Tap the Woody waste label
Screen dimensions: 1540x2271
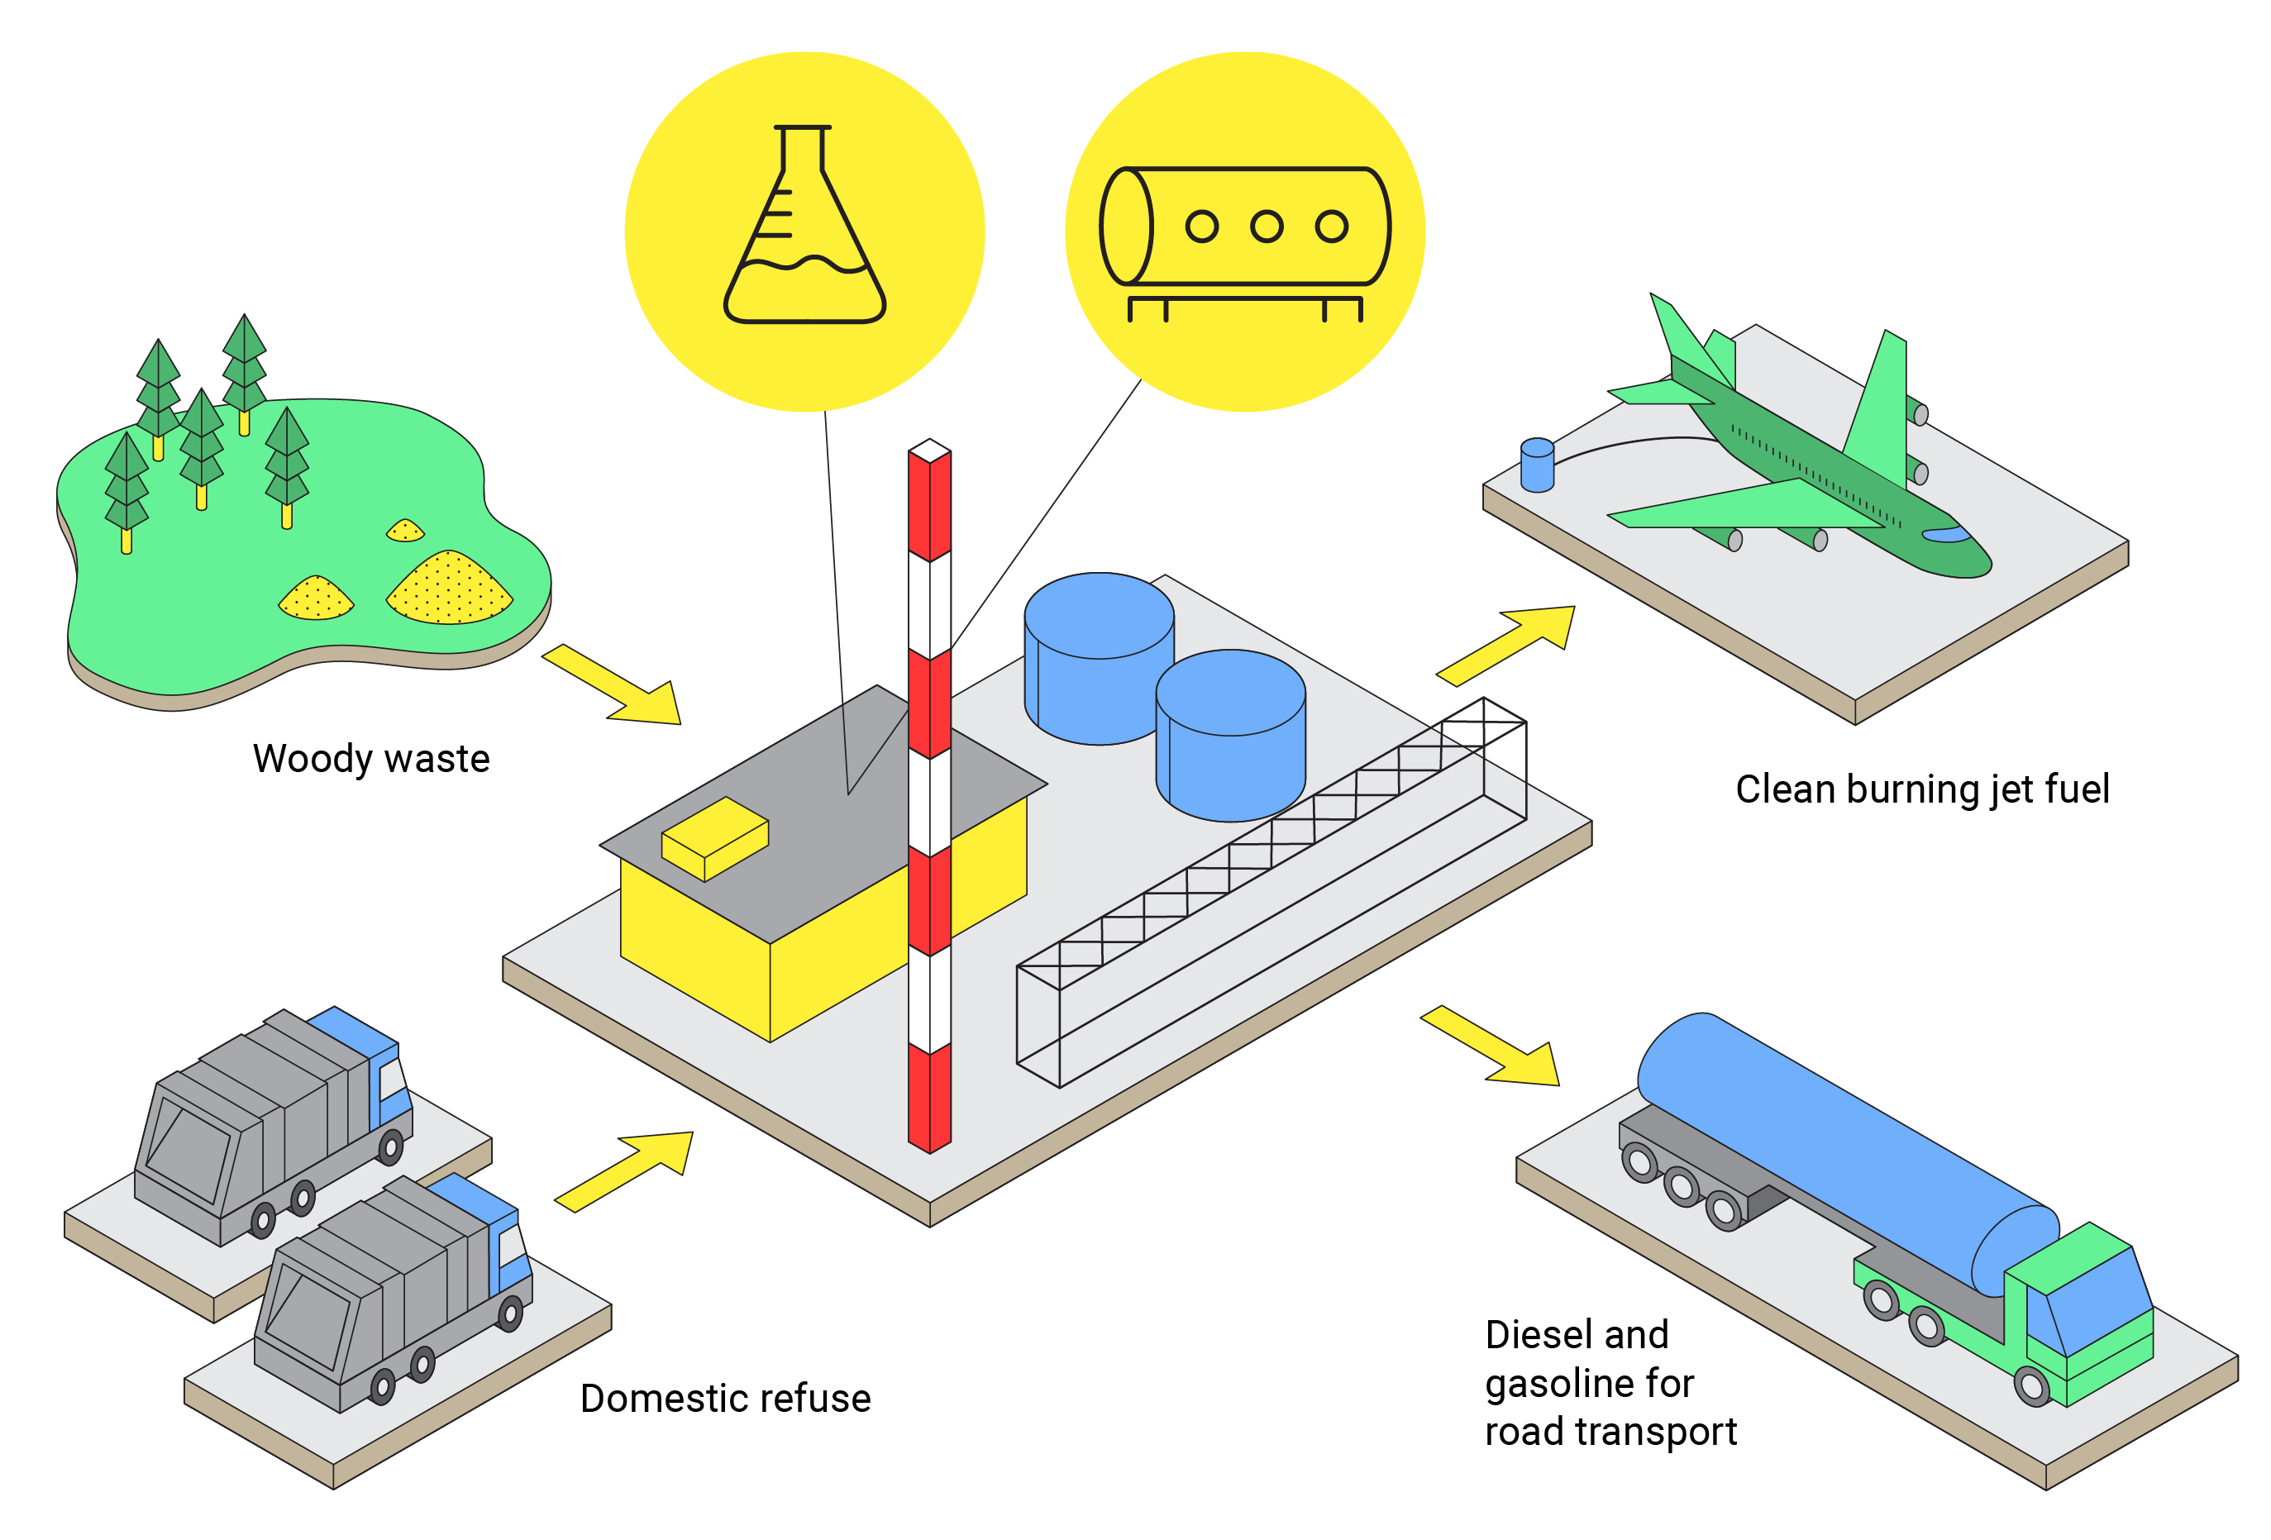370,759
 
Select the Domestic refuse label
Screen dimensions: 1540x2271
725,1399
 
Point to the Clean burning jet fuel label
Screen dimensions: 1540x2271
1921,789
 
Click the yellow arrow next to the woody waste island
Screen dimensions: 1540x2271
616,687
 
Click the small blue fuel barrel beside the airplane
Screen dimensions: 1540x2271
1536,465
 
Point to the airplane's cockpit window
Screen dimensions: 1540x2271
1945,535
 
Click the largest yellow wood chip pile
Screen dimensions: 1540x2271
450,589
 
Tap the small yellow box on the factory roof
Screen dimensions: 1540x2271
714,838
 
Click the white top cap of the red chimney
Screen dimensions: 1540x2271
929,451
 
